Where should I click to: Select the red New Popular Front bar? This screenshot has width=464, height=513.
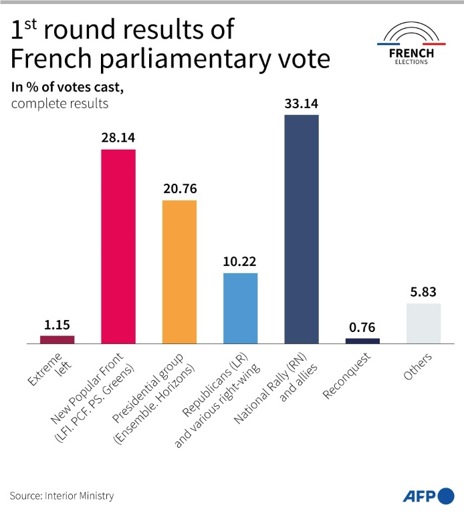click(118, 246)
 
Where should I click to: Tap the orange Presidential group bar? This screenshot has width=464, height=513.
click(180, 272)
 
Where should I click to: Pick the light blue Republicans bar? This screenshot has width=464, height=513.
click(240, 308)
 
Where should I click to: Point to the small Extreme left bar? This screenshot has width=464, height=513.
click(57, 339)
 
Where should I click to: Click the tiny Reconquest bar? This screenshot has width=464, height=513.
click(362, 341)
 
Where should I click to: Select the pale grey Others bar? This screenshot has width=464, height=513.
click(423, 323)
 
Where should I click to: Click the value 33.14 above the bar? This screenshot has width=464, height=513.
click(302, 103)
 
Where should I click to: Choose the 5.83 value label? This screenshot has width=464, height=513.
click(423, 291)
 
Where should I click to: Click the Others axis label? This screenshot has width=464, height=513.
click(418, 367)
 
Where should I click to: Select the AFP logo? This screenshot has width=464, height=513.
click(428, 496)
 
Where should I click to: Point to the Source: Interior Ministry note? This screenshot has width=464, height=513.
click(62, 496)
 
